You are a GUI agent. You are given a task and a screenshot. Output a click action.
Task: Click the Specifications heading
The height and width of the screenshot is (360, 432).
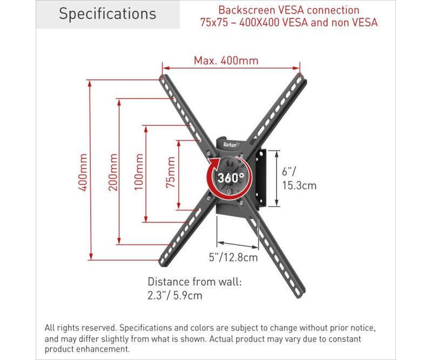(x=107, y=14)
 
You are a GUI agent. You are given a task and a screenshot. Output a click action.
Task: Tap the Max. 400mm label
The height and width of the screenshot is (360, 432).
(x=226, y=60)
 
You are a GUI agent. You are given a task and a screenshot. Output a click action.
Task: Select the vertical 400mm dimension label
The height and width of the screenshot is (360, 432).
(x=83, y=172)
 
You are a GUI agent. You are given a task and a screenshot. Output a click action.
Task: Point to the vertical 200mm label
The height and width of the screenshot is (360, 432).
(x=112, y=172)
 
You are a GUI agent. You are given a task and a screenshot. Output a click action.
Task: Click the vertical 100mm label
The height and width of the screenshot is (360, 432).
(x=139, y=172)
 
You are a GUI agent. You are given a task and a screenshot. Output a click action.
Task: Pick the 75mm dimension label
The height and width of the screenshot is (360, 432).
(x=171, y=172)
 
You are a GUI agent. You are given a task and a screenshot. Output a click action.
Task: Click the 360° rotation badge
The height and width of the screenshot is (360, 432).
(x=230, y=178)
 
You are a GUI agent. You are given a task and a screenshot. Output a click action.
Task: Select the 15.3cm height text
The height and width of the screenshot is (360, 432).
(x=299, y=185)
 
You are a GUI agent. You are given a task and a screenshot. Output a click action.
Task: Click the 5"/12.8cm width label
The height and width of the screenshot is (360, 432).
(x=233, y=257)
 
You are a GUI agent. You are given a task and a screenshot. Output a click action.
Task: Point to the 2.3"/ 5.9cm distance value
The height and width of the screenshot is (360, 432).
(x=174, y=296)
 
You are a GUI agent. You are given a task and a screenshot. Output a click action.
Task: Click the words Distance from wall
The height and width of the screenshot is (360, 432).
(x=194, y=282)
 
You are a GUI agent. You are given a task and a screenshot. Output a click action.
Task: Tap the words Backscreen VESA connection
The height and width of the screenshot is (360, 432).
(x=289, y=10)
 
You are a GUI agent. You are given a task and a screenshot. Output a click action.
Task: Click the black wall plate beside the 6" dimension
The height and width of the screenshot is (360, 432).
(x=261, y=178)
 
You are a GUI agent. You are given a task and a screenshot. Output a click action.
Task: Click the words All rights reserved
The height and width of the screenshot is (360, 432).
(x=80, y=328)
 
